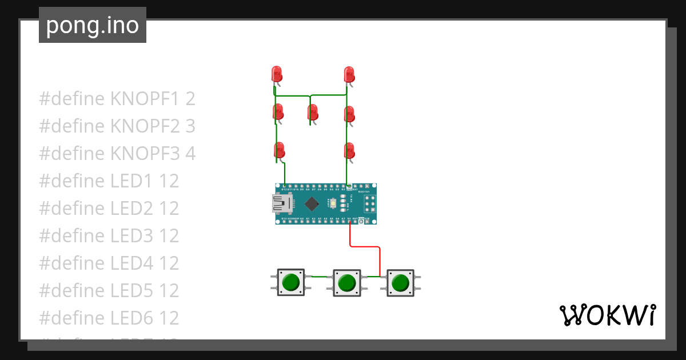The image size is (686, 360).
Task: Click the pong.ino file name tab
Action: (93, 25)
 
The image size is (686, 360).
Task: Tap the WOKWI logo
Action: (607, 315)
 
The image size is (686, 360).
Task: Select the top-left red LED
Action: (277, 74)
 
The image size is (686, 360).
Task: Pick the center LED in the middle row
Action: (313, 112)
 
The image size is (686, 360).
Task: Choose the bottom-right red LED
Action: (349, 151)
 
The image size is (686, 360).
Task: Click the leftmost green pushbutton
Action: (291, 282)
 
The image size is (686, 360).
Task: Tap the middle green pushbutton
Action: (346, 283)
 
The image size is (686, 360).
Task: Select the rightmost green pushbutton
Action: (400, 282)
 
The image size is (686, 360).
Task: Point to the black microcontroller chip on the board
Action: (312, 203)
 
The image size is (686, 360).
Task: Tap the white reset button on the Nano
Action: (333, 203)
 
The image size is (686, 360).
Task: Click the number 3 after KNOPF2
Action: (190, 126)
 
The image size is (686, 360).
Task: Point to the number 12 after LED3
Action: (169, 236)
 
